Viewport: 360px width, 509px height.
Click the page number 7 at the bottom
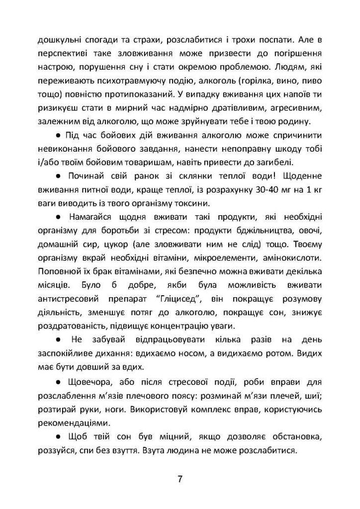[x=180, y=479]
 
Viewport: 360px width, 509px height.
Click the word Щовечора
[x=86, y=382]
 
